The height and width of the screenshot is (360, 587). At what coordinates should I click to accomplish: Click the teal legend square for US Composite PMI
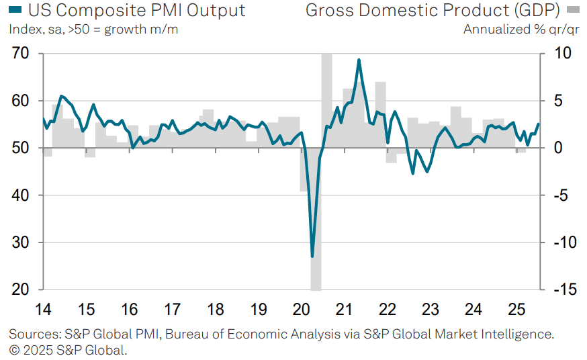tap(15, 9)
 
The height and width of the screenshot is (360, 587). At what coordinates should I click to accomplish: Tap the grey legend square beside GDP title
tap(573, 9)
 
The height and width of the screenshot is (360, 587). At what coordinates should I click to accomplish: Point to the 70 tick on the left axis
tap(20, 53)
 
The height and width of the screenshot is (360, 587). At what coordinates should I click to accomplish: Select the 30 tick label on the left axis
tap(20, 242)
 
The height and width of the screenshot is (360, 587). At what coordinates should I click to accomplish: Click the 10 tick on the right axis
tap(563, 53)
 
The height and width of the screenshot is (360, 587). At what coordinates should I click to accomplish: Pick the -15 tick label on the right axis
tap(566, 289)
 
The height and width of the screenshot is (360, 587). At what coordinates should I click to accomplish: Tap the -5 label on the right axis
tap(561, 195)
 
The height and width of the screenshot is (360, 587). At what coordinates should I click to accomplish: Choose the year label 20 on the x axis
tap(302, 310)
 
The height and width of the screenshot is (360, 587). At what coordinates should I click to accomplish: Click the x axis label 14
tap(43, 310)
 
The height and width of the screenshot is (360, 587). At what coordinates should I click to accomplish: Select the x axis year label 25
tap(516, 310)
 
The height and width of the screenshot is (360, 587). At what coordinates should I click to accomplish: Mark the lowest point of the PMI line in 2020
tap(312, 257)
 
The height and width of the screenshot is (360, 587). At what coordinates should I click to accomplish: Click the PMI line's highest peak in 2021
tap(359, 60)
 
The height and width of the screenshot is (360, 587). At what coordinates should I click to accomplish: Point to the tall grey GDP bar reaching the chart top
tap(326, 101)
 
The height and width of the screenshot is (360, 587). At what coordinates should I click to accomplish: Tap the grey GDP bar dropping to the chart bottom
tap(316, 219)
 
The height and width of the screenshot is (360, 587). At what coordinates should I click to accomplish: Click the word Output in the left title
tap(216, 11)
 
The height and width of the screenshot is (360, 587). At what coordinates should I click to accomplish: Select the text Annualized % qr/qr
tap(521, 30)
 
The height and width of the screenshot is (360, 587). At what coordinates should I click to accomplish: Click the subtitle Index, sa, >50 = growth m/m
tap(93, 30)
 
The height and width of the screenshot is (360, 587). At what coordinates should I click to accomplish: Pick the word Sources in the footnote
tap(34, 334)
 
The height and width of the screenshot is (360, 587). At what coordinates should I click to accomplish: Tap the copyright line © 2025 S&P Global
tap(68, 351)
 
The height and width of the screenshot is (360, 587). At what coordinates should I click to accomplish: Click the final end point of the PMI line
tap(539, 124)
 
